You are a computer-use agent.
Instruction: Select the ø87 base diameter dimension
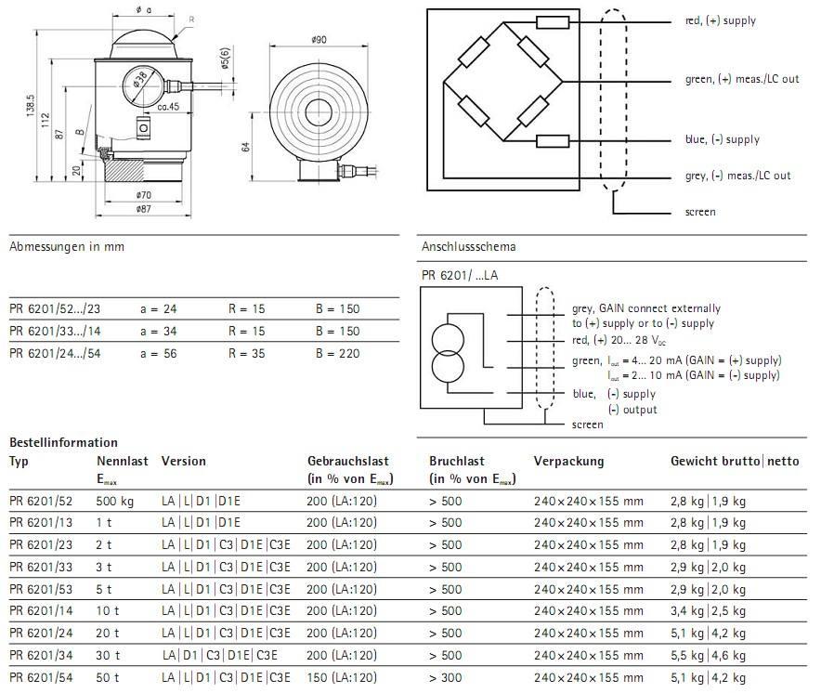point(142,210)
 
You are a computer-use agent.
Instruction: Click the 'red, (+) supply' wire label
point(721,20)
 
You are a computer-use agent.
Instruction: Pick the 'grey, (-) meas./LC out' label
point(737,176)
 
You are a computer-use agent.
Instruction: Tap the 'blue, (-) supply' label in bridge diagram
point(722,140)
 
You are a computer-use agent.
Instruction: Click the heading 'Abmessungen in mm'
point(66,247)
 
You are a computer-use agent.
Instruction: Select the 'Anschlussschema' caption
point(468,247)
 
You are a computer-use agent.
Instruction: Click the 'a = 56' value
point(158,353)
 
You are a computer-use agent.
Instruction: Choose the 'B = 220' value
point(337,353)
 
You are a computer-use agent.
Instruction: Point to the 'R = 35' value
point(247,353)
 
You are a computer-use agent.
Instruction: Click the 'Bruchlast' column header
point(457,461)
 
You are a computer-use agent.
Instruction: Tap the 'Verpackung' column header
point(568,461)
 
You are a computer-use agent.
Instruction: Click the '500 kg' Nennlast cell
point(115,500)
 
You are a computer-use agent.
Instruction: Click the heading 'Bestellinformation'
point(63,442)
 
